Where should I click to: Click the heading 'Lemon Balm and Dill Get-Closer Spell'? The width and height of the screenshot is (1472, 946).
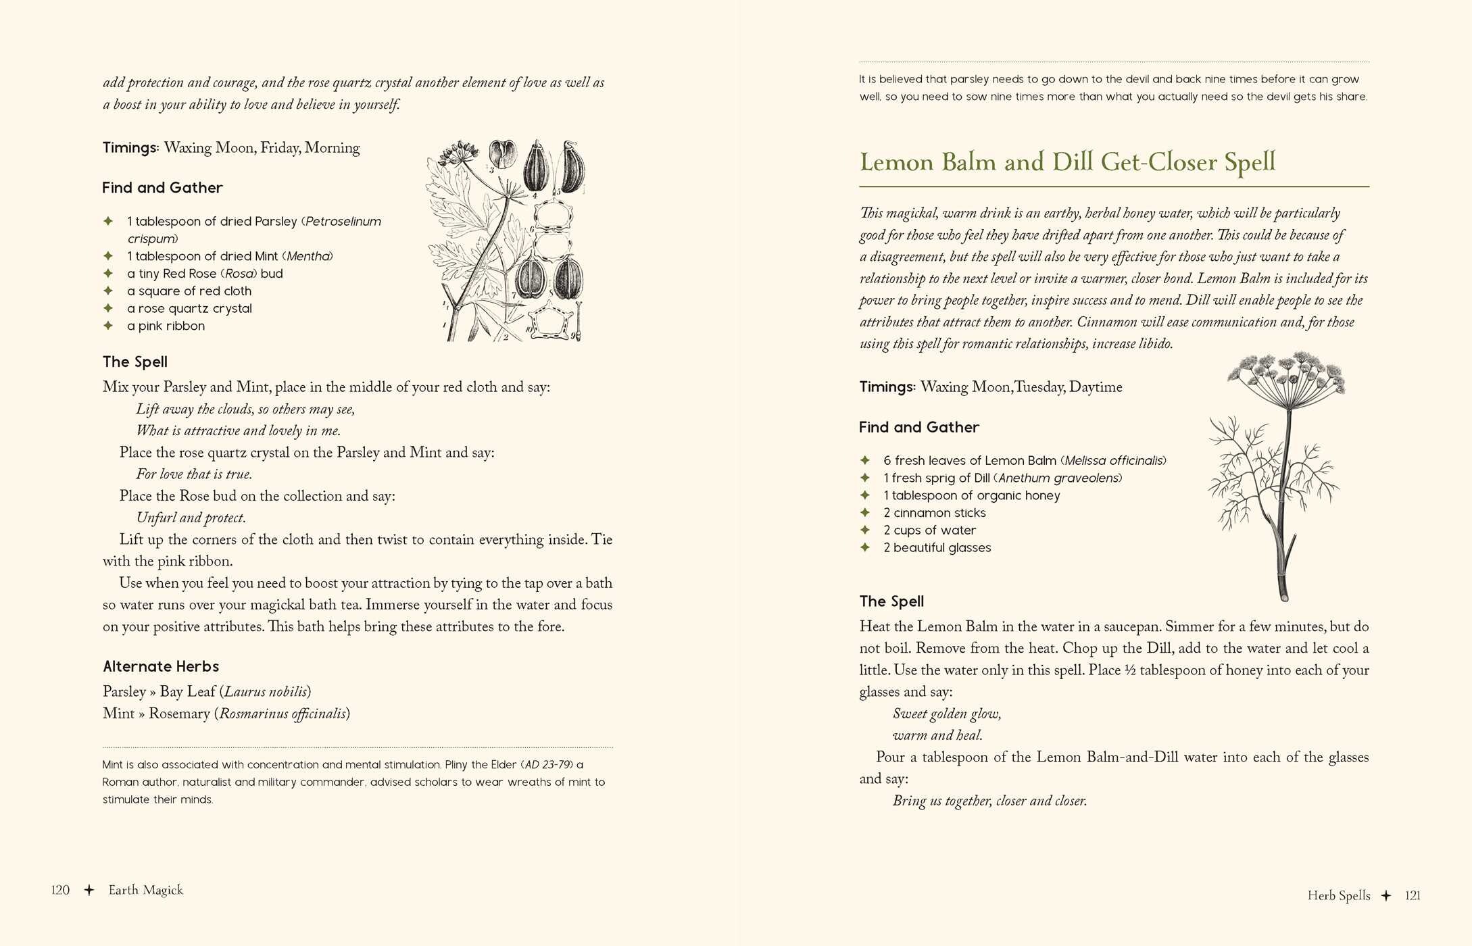tap(1067, 162)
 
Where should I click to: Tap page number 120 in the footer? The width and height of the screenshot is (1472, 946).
tap(60, 890)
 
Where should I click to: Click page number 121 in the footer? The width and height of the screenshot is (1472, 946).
tap(1413, 895)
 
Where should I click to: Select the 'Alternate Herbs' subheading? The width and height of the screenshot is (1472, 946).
tap(161, 666)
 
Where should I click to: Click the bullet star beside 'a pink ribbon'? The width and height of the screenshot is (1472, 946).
tap(108, 326)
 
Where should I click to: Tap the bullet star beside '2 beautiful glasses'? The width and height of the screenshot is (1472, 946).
tap(865, 547)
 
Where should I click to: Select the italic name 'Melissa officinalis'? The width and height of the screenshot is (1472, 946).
tap(1114, 460)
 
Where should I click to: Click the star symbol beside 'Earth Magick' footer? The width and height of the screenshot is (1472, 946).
tap(89, 890)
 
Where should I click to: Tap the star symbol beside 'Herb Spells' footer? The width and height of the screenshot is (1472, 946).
tap(1386, 895)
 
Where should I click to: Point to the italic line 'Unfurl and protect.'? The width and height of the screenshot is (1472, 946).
tap(191, 518)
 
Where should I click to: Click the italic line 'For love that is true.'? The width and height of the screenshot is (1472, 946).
tap(194, 474)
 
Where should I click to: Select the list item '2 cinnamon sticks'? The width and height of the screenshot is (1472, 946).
tap(934, 513)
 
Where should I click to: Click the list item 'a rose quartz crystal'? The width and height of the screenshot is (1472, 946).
tap(189, 308)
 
